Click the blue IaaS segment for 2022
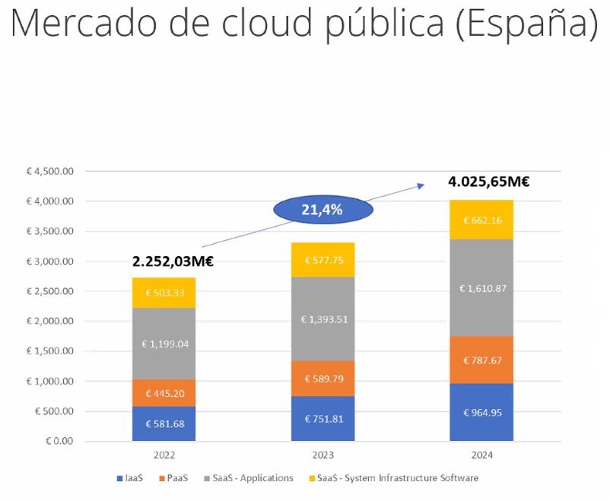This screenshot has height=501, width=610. coord(164,423)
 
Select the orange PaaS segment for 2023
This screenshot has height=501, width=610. coord(322,378)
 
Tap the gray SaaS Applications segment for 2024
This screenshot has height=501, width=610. coord(481,288)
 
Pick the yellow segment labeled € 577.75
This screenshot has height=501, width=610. coord(322,259)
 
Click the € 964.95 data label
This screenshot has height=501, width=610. coord(481,413)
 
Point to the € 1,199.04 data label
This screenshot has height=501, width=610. coord(164,344)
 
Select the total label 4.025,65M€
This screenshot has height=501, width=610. coord(489,182)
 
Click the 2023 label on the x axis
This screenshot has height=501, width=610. coord(322,455)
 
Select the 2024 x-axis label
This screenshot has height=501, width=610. coord(481,455)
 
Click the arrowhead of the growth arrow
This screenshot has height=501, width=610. coord(421,185)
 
